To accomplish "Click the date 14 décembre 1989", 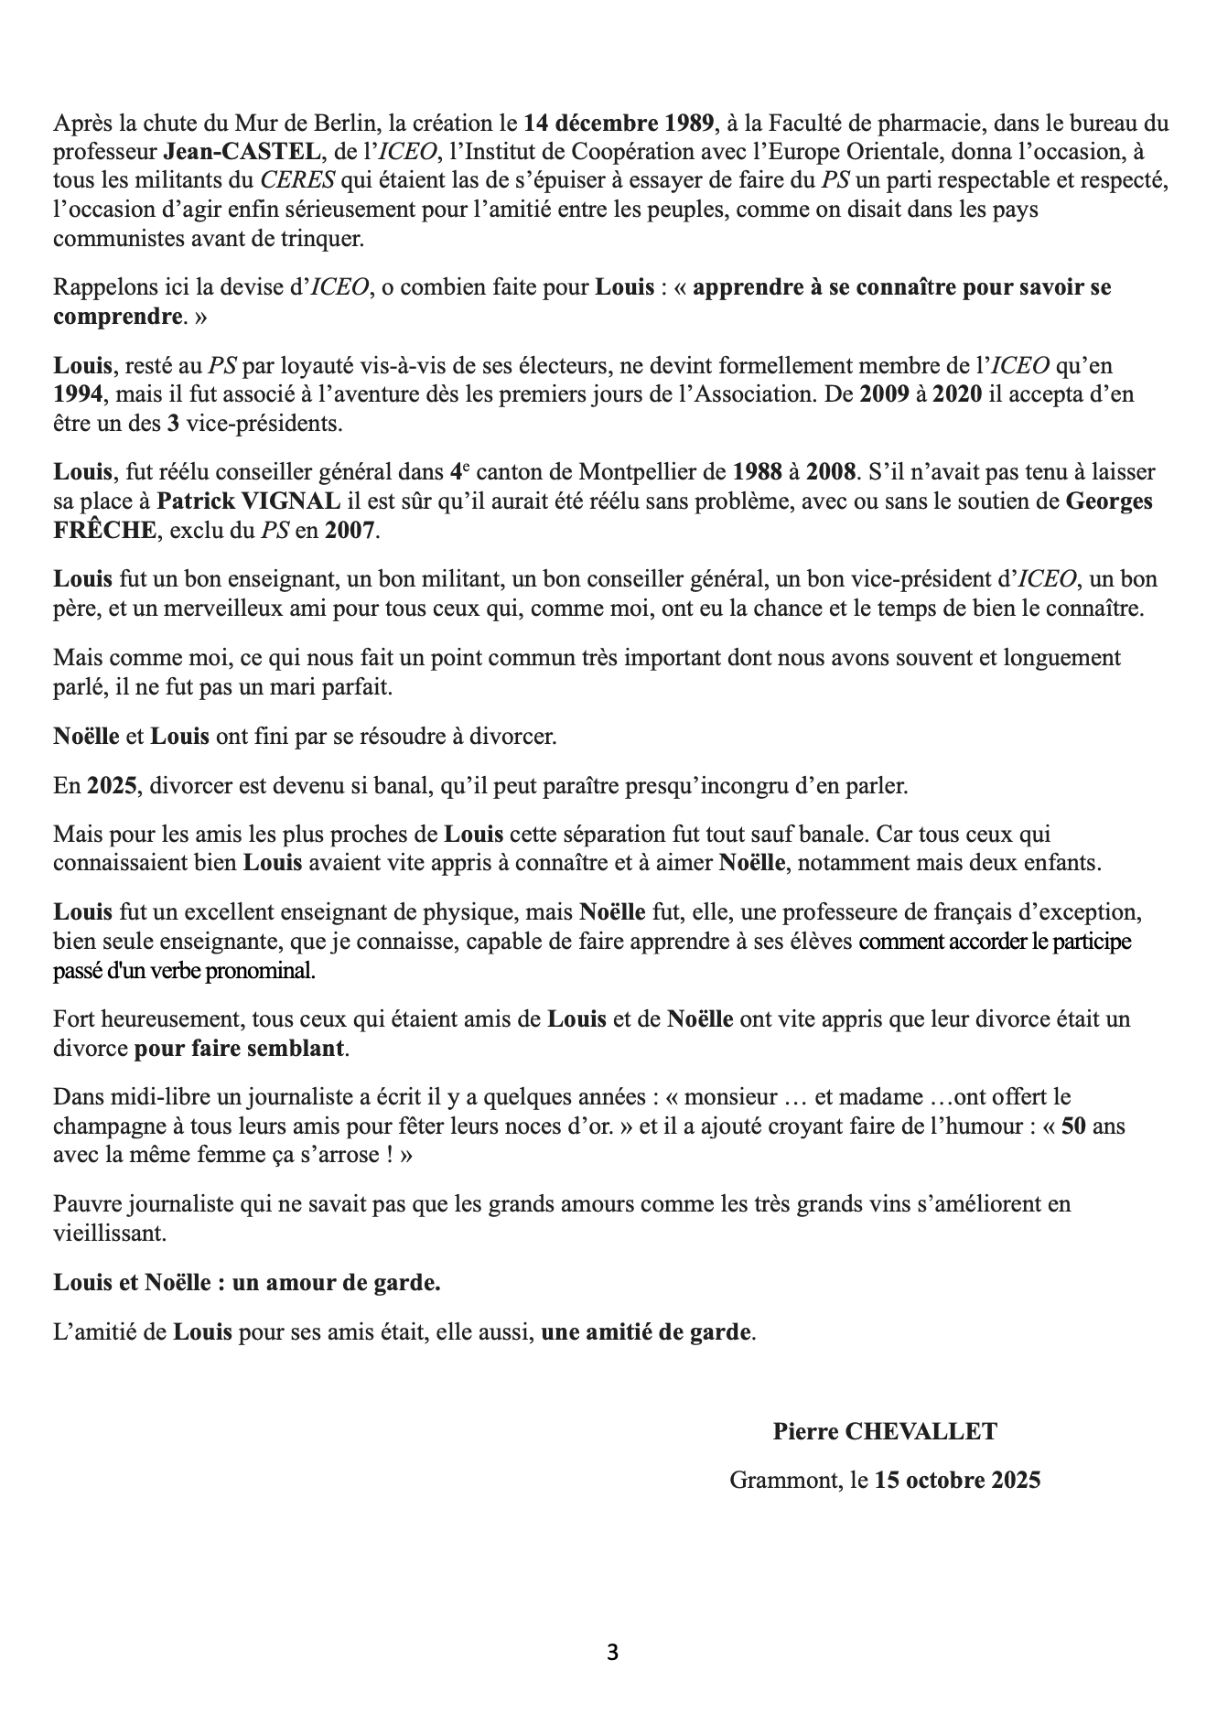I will (x=619, y=124).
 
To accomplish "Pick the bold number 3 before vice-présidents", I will (x=173, y=425).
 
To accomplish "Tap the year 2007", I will (x=350, y=531).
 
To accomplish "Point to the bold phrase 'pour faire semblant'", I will (x=240, y=1048).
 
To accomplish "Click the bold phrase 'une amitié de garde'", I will (x=647, y=1331).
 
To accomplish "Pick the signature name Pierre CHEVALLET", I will (x=884, y=1432).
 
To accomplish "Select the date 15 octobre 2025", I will (x=957, y=1480).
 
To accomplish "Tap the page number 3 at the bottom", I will (x=612, y=1653).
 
